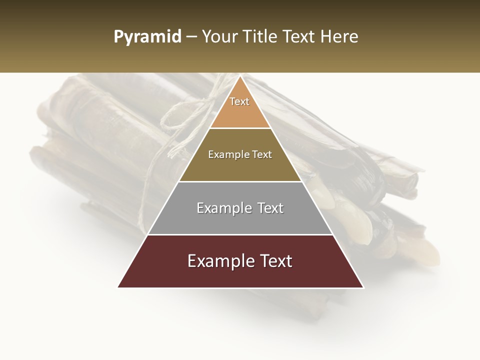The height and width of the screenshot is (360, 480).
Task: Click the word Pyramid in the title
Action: (147, 37)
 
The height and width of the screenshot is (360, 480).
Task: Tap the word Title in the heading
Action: (260, 36)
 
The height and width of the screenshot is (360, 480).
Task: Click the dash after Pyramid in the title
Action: (191, 37)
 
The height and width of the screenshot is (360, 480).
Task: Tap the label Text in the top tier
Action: (239, 101)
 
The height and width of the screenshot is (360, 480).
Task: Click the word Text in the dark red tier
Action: (273, 261)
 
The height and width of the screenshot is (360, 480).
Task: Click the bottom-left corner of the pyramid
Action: (118, 287)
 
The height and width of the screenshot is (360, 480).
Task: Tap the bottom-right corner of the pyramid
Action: (363, 287)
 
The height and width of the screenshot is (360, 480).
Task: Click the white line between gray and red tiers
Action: (240, 234)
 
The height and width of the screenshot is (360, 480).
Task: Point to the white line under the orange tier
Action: (240, 128)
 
